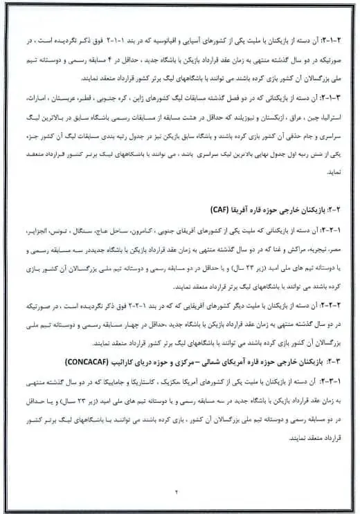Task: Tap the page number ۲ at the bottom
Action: [177, 492]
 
